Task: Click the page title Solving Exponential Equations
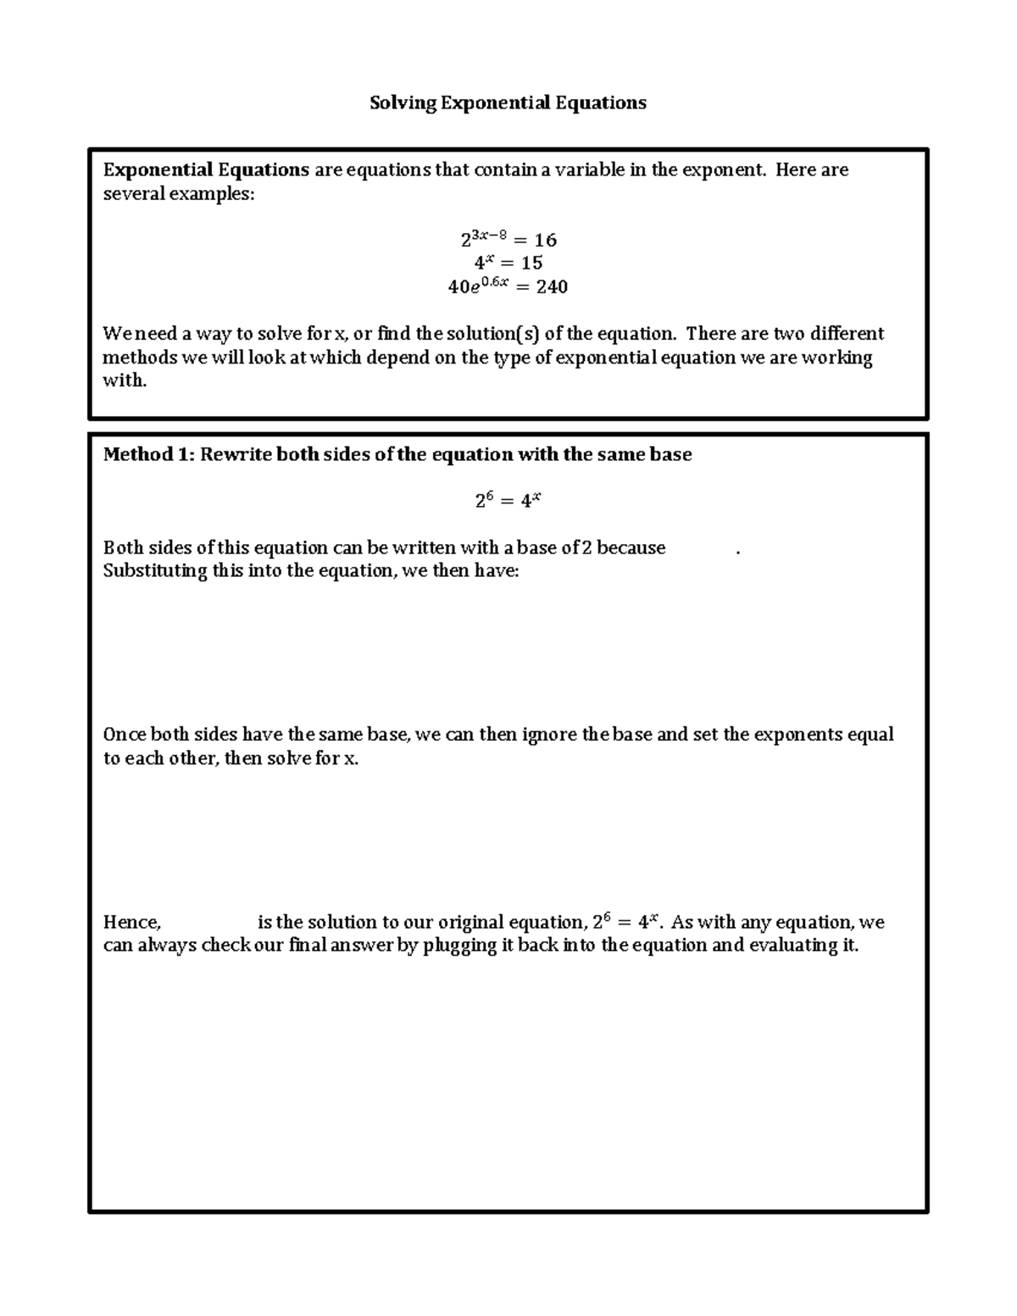tap(508, 103)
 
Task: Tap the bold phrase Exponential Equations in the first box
tap(206, 169)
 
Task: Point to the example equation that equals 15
tap(508, 263)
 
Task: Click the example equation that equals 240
tap(508, 286)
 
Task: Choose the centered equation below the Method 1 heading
tap(508, 500)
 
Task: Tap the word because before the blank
tap(631, 547)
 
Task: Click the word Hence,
tap(131, 922)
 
